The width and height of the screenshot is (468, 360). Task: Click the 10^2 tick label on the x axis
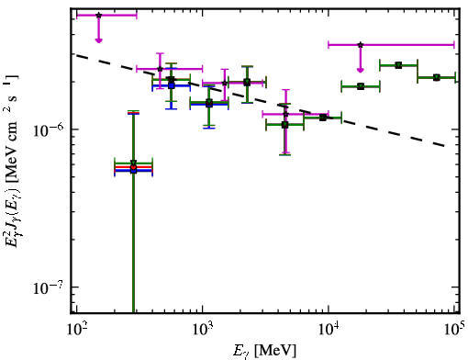76,329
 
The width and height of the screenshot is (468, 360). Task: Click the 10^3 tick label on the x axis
202,329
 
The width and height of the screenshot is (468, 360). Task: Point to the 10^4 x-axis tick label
329,329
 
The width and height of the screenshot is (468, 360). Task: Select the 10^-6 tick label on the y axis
49,129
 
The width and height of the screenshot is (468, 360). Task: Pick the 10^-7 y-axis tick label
49,287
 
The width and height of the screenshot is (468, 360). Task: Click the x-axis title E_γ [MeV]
264,351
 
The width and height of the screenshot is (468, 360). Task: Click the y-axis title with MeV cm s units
13,160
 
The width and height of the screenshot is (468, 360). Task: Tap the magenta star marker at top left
98,15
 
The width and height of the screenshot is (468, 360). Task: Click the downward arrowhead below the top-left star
98,40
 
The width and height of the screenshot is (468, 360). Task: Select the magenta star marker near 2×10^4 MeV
361,45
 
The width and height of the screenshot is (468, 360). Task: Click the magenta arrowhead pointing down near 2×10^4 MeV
361,71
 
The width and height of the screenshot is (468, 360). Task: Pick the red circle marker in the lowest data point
133,167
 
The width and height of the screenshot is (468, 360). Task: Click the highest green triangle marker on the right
398,65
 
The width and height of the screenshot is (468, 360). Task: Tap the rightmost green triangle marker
437,77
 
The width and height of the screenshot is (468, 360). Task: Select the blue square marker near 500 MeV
172,86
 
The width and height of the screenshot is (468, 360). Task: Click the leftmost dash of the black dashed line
82,57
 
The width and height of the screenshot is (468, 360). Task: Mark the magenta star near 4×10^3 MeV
285,114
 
